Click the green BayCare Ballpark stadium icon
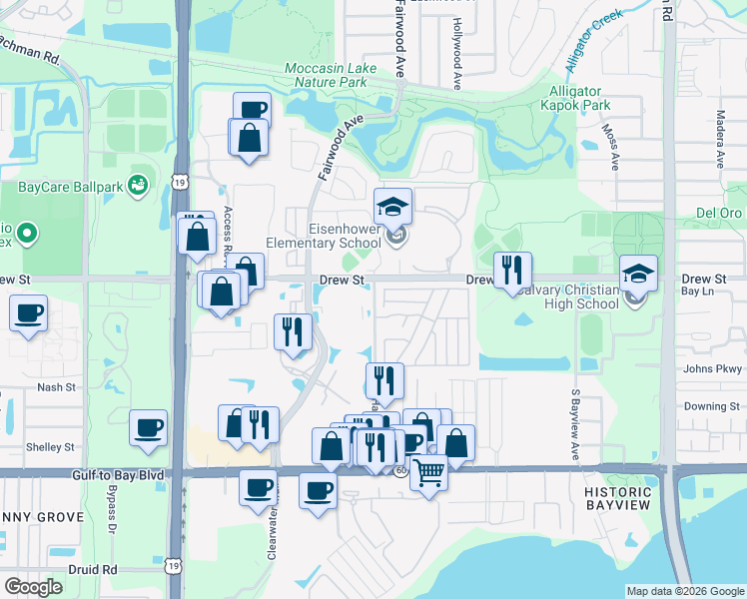point(138,185)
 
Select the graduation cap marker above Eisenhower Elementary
point(393,207)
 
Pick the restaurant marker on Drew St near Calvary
point(512,268)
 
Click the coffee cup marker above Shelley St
point(149,428)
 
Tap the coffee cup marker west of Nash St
point(29,313)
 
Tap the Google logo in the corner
point(33,587)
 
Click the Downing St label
point(711,406)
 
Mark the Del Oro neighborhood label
point(719,213)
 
